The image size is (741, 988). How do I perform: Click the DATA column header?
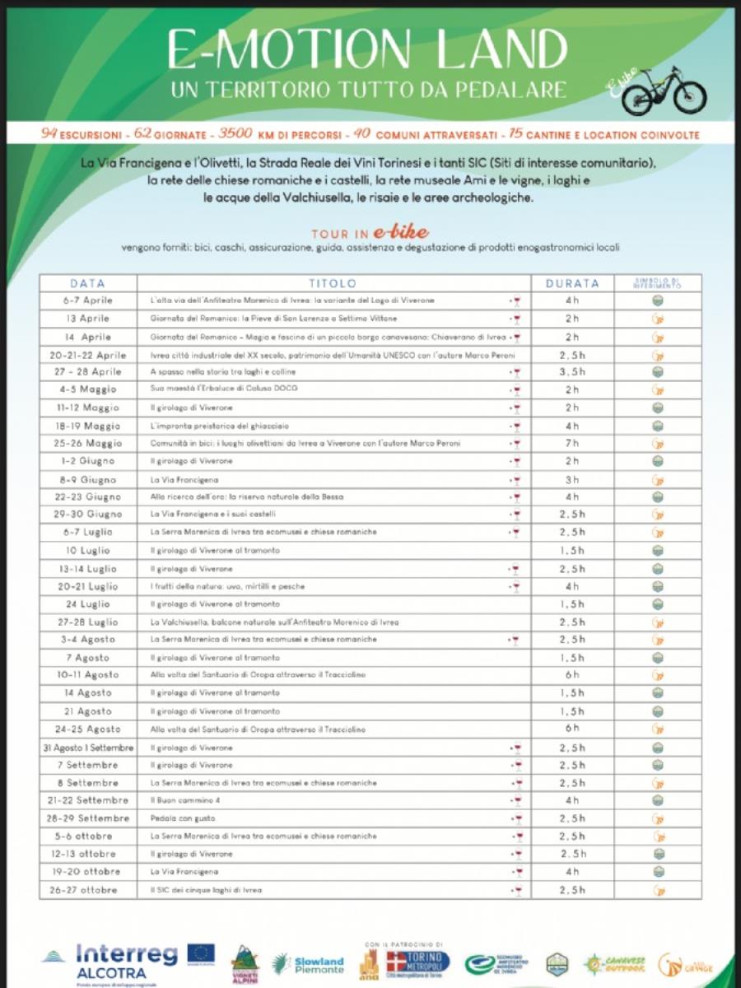(x=87, y=283)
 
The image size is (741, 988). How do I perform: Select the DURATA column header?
(x=572, y=283)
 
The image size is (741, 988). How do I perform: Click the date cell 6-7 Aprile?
(x=87, y=301)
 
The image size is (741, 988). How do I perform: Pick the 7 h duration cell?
(x=572, y=443)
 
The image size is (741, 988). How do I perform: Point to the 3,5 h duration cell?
(x=572, y=372)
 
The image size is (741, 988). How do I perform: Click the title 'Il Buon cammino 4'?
(x=179, y=800)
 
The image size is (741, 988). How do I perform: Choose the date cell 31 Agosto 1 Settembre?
(x=87, y=748)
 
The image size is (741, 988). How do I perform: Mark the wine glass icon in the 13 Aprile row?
(x=516, y=319)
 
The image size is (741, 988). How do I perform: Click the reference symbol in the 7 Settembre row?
(x=657, y=766)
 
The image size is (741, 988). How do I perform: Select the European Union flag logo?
(x=200, y=953)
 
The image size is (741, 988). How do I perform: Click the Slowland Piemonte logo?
(x=308, y=964)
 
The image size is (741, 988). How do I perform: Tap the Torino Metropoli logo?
(x=418, y=962)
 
